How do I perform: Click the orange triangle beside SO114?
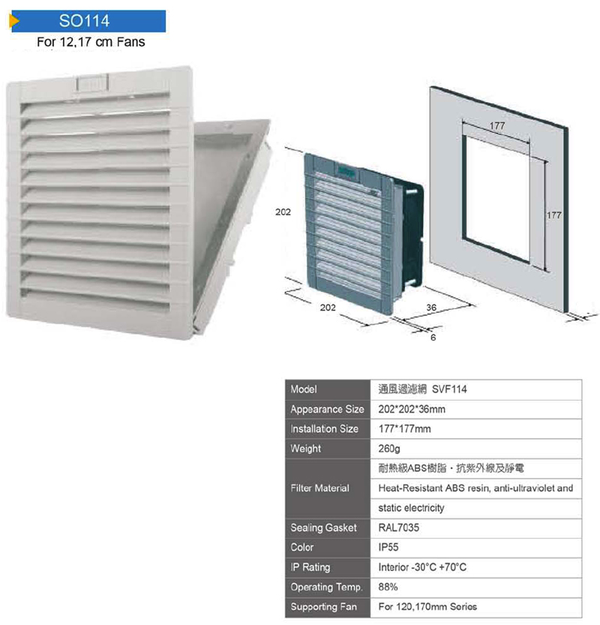pos(13,21)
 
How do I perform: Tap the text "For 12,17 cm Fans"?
pos(91,42)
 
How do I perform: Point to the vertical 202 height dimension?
pos(283,212)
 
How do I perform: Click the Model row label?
pos(304,389)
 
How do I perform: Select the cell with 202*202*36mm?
pos(412,410)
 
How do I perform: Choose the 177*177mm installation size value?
pos(406,429)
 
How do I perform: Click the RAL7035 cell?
pos(399,527)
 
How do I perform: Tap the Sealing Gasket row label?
pos(323,527)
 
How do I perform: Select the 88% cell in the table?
pos(388,586)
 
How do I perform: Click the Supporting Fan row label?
pos(324,605)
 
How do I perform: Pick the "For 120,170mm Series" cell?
pos(427,605)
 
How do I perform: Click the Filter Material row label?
pos(319,488)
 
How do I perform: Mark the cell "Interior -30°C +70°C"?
pos(423,566)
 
